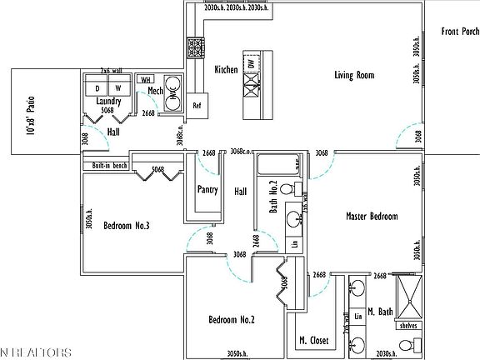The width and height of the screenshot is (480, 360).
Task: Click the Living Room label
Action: pos(354,75)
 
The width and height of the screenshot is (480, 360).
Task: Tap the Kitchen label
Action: pos(227,70)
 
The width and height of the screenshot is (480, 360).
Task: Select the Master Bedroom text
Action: pos(372,217)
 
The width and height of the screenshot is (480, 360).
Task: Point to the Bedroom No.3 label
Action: pos(126,226)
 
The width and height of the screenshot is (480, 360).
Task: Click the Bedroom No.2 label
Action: pos(231,320)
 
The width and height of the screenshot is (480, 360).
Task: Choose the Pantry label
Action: pos(207,190)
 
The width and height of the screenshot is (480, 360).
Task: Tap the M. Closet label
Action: pos(314,341)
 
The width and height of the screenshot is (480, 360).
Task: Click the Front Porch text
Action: pos(460,32)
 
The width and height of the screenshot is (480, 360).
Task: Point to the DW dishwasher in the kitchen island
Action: pos(250,64)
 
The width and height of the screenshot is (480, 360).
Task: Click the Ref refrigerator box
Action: pos(197,106)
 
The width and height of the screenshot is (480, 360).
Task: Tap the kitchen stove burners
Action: pos(196,47)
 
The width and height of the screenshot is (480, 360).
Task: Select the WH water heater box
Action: pos(146,79)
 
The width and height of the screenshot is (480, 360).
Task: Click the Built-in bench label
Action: pos(109,166)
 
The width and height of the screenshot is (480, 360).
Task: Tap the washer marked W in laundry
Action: pos(118,87)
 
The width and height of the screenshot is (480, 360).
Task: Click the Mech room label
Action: pos(155,91)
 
